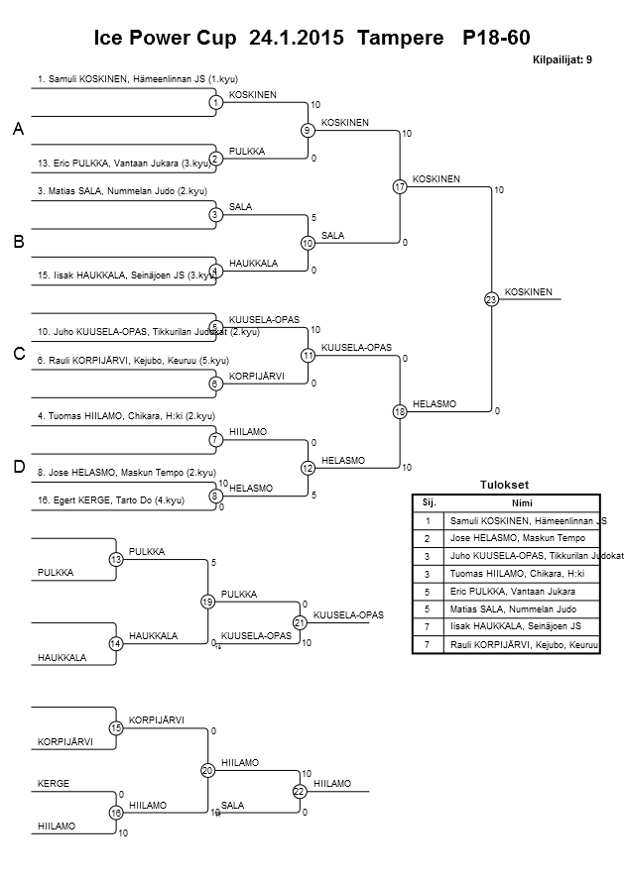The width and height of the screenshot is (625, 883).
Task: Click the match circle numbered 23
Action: click(490, 299)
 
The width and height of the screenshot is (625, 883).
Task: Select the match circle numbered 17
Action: click(400, 186)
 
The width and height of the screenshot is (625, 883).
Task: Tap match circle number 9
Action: click(308, 130)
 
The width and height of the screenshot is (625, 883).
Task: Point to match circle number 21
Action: click(299, 622)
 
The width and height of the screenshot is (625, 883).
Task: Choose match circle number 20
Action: click(207, 770)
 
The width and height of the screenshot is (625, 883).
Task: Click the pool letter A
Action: click(19, 130)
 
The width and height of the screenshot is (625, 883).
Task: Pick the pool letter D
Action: click(19, 466)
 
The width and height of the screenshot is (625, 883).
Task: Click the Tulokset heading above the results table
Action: click(505, 485)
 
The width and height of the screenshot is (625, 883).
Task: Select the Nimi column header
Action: click(521, 502)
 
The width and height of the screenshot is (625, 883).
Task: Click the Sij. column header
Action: click(428, 502)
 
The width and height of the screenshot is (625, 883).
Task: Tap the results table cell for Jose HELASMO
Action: click(521, 538)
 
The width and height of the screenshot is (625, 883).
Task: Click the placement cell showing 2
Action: click(428, 538)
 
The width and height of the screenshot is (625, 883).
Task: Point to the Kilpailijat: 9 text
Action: click(562, 60)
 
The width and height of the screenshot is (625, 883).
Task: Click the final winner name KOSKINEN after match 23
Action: click(529, 291)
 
